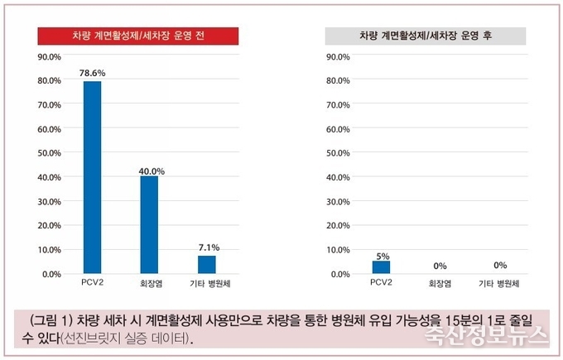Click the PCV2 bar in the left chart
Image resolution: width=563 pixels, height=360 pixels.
pos(92,177)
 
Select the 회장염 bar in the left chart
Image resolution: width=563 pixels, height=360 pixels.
pos(149,224)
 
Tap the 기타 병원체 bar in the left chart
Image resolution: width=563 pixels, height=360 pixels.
pos(207,264)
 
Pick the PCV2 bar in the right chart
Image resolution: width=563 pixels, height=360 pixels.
pos(381,266)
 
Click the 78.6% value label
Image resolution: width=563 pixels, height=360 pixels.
pos(92,74)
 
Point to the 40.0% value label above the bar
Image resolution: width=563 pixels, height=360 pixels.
pos(152,170)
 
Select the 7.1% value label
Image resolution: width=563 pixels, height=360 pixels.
pos(208,247)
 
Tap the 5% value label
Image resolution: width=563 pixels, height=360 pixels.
pos(383,256)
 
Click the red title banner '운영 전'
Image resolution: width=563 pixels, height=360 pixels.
pos(138,36)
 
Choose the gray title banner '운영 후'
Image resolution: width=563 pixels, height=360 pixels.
pos(425,36)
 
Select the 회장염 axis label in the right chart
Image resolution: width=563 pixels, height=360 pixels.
pos(440,284)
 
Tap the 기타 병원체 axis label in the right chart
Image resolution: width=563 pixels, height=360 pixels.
pos(500,284)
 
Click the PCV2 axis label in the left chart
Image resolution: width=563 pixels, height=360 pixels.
pos(92,284)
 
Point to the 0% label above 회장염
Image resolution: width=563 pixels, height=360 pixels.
pos(440,266)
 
